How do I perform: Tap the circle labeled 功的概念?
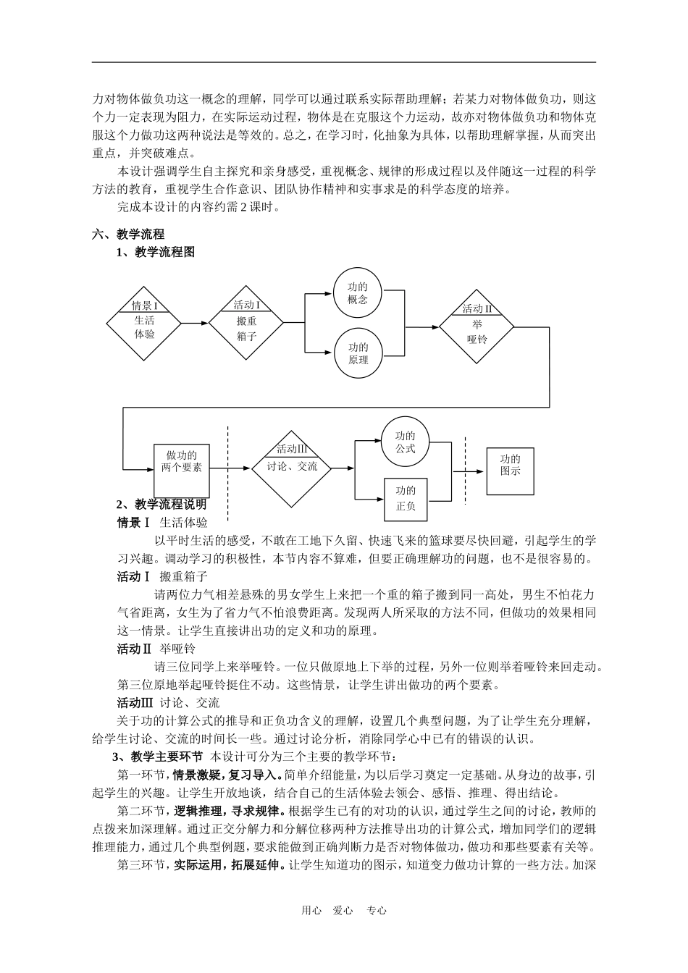tap(358, 293)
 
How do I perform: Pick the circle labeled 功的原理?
tap(358, 353)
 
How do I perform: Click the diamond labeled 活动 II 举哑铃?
tap(477, 328)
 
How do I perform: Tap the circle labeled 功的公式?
tap(405, 442)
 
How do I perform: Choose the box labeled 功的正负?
tap(406, 500)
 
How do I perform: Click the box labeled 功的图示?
tap(510, 470)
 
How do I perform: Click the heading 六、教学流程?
tap(128, 234)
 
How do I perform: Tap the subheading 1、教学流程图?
tap(156, 252)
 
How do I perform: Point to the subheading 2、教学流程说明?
tap(161, 504)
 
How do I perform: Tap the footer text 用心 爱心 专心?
tap(344, 911)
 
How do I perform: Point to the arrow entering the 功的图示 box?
tap(471, 471)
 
